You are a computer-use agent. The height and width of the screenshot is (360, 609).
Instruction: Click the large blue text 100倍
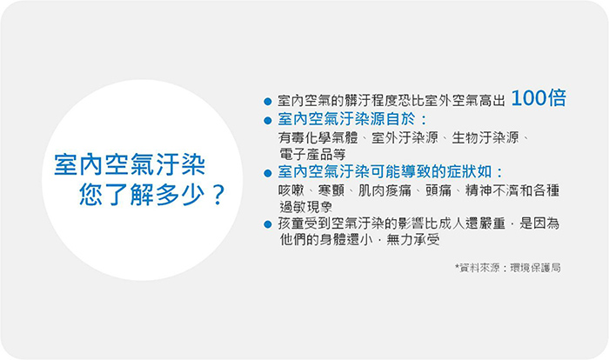tap(539, 98)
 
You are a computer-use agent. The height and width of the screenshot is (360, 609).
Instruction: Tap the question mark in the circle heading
tap(218, 195)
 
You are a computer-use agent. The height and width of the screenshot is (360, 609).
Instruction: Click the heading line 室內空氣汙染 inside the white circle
tap(130, 164)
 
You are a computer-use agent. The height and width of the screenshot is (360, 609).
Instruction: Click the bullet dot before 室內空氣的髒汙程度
tap(267, 102)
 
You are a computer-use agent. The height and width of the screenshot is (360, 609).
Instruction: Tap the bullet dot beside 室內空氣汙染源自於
tap(267, 120)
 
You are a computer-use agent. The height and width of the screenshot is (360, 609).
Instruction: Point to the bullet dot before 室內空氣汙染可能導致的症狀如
tap(267, 173)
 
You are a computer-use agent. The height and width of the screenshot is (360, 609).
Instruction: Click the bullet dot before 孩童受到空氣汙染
tap(267, 224)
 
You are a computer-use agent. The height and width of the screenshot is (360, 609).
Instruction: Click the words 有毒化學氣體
tap(318, 137)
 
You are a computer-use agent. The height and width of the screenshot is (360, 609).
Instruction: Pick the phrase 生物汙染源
tap(485, 137)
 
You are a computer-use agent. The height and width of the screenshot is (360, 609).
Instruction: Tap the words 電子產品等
tap(312, 154)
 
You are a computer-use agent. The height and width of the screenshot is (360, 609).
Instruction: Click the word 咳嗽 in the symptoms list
tap(291, 190)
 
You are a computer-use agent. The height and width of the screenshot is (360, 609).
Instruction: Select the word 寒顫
tap(331, 190)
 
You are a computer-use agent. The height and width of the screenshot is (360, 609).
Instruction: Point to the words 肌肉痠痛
tap(385, 190)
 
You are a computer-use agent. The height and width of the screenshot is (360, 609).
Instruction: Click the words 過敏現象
tap(305, 207)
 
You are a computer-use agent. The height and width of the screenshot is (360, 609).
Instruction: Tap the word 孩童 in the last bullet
tap(291, 223)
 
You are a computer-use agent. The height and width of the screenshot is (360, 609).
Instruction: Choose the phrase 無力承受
tap(413, 240)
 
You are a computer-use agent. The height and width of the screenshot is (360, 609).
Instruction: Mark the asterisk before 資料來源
tap(457, 266)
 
